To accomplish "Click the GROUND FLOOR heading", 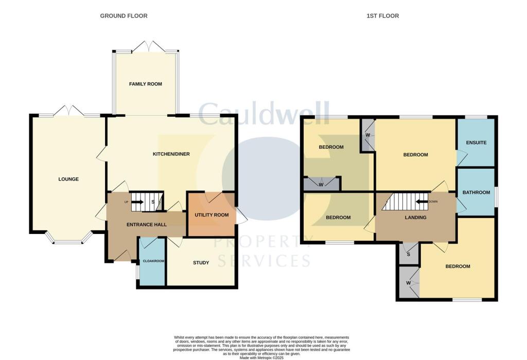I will click(124, 16).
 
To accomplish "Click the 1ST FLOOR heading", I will click(382, 16).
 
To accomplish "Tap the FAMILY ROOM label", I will click(146, 84).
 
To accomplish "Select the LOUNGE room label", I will click(68, 179).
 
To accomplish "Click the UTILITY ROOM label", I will click(211, 215).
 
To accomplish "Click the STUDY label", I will click(201, 263).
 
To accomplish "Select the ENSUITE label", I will click(476, 142).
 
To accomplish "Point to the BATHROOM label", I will click(476, 192).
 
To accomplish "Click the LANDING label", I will click(415, 218).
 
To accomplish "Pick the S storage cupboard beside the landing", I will click(409, 254).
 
